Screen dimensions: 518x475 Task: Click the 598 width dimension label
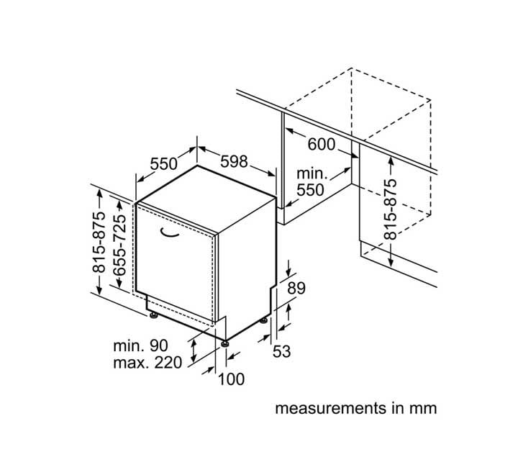click(x=234, y=161)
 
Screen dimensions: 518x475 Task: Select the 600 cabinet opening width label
click(x=321, y=145)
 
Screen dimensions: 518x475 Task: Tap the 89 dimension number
click(x=296, y=289)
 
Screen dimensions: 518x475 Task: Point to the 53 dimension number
click(x=281, y=351)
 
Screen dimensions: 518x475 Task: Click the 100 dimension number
click(x=231, y=379)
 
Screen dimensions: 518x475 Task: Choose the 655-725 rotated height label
click(x=119, y=245)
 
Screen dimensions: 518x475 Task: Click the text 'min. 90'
click(x=141, y=345)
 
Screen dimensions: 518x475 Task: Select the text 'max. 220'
click(x=147, y=363)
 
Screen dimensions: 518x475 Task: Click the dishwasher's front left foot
click(x=153, y=315)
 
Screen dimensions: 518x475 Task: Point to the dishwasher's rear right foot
click(x=264, y=320)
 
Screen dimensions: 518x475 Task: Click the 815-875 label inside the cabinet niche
click(x=390, y=209)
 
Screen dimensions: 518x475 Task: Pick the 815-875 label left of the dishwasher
click(x=99, y=243)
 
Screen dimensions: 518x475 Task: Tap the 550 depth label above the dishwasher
click(x=164, y=163)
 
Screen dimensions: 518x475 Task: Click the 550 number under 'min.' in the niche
click(x=310, y=190)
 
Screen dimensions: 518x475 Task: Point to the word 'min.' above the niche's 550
click(x=312, y=173)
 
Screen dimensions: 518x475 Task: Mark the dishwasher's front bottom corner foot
click(x=226, y=343)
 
